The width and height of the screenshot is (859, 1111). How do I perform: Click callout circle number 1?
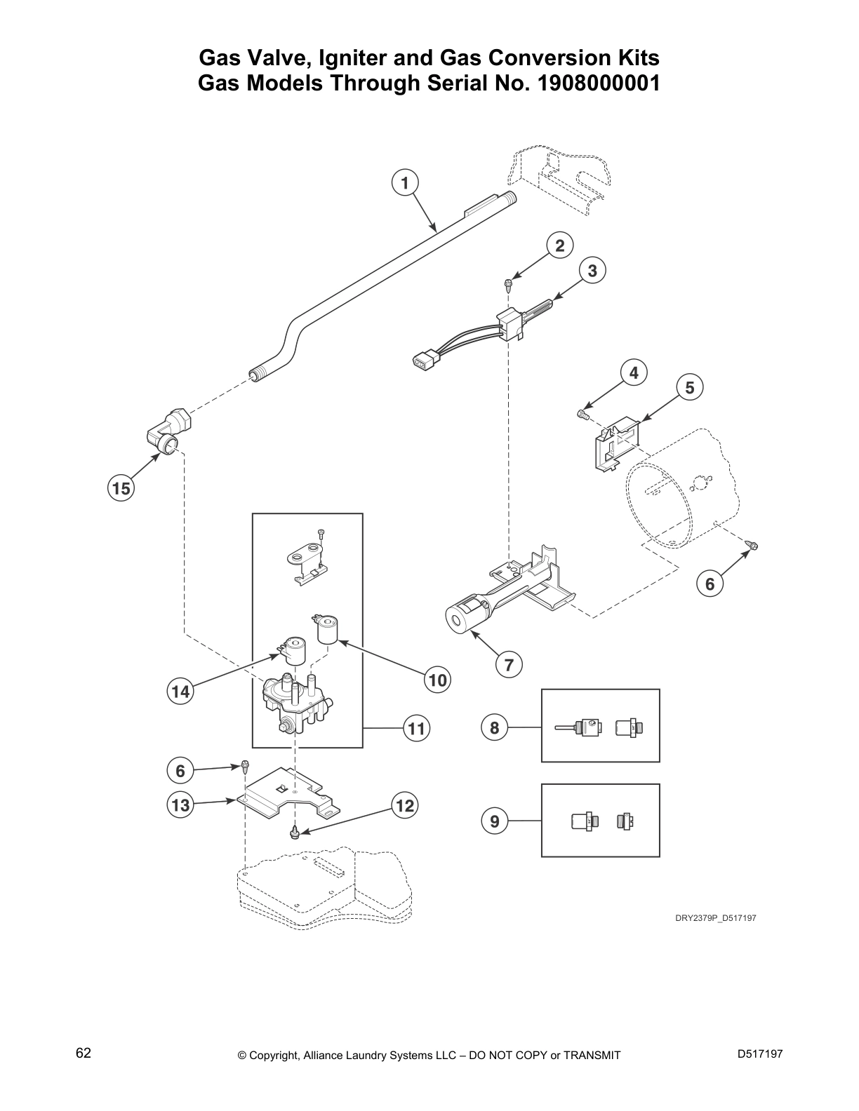(404, 183)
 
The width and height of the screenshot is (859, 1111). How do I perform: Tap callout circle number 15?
(121, 487)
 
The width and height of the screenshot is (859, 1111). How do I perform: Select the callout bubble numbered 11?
(417, 729)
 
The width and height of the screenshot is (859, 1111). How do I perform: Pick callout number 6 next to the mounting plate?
(180, 771)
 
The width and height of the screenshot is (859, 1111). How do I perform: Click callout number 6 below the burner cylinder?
(710, 584)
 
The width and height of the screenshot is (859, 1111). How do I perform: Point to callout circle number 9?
(495, 821)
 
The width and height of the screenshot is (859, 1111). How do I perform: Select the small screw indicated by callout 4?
(582, 415)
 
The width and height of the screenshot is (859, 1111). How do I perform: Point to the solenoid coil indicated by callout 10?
(327, 629)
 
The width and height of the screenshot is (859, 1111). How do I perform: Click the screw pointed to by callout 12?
(295, 833)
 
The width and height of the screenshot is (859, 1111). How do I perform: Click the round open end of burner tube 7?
(456, 619)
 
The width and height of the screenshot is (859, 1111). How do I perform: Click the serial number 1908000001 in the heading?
(598, 83)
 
